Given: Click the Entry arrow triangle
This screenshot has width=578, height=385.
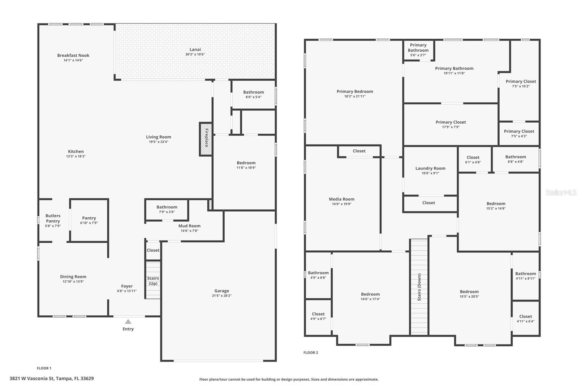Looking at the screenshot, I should coord(128,321).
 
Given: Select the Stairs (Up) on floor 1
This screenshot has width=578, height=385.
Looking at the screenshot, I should coord(153,280).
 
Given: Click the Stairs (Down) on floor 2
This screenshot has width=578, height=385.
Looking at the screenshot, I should coord(419,287).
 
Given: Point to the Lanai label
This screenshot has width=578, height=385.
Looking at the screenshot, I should coord(195,49).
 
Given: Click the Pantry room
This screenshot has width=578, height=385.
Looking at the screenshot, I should coord(89,220).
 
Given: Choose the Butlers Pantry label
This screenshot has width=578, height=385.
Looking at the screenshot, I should coord(53,218).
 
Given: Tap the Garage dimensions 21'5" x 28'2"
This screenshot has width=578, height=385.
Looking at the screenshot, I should coord(221,296).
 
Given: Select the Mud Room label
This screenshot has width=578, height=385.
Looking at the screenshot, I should coord(189,226).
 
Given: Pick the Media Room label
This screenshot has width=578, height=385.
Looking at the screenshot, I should coord(341,199).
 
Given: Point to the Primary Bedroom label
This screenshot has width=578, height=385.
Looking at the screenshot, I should coord(355,91).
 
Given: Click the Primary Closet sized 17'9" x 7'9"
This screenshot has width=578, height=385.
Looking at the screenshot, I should coord(450,124).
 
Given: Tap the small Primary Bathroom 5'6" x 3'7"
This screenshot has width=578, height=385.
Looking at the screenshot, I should coord(418,50).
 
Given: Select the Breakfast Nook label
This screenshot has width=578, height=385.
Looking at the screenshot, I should coord(73,55).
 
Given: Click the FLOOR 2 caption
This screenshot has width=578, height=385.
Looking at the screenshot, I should coord(311,352).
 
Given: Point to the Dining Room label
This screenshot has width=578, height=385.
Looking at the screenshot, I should coord(73,277).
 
